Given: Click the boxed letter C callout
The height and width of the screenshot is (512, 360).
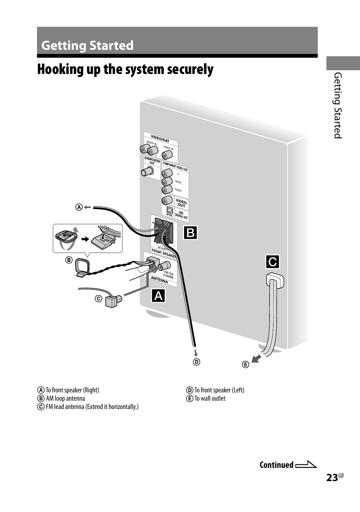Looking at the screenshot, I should pos(272,261).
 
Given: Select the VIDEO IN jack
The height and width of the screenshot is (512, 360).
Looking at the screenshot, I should pos(166,155).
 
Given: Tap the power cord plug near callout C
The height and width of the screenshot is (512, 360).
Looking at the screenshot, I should pos(275,281).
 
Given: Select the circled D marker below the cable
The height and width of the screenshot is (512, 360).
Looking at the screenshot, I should pos(197,362).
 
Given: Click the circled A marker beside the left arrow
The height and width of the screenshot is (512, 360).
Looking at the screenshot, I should pos(79,207).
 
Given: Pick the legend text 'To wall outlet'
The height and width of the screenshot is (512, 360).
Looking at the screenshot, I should pos(210,398).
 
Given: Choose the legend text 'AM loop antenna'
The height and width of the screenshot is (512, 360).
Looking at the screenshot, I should pos(65,398).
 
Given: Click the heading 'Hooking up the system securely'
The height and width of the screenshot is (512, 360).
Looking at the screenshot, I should pos(125,69).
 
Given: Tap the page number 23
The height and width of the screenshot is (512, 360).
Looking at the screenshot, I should pos(332,478).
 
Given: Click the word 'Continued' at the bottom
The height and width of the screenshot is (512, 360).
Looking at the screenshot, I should pos(276,465).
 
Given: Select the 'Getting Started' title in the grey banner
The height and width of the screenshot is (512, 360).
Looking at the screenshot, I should pos(88,45).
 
